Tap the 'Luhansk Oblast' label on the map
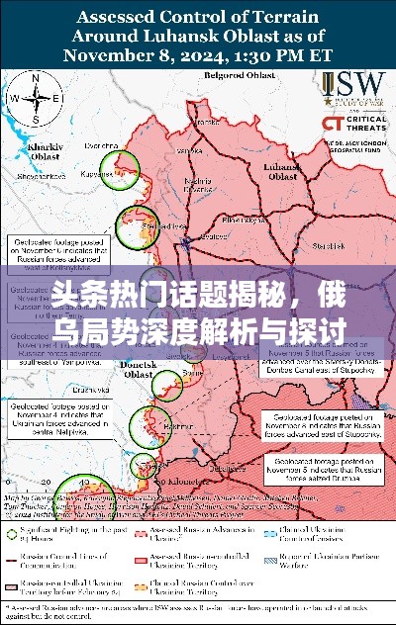(282, 172)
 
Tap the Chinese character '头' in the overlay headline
(64, 294)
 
